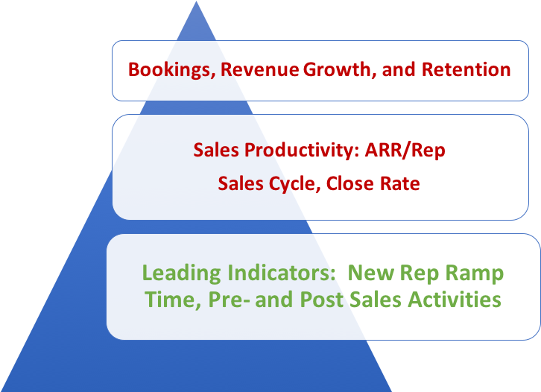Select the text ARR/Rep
click(x=405, y=150)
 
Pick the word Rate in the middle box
click(x=399, y=183)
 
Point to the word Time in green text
click(x=165, y=300)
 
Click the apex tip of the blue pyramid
click(x=197, y=3)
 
